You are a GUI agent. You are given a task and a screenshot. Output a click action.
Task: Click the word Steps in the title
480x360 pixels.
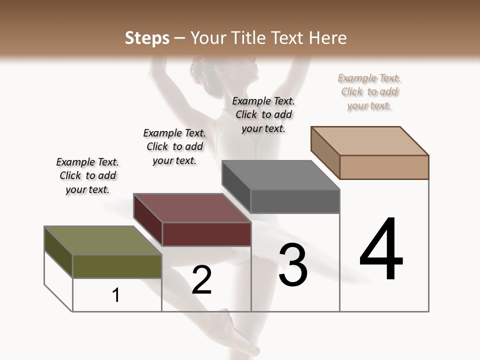point(147,38)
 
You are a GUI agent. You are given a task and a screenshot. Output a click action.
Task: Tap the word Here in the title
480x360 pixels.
point(328,38)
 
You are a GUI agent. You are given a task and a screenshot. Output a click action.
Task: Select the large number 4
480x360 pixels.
point(381,249)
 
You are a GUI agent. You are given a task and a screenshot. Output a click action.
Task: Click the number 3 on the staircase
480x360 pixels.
point(293,265)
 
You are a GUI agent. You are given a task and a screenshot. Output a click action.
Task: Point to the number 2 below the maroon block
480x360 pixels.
point(201,280)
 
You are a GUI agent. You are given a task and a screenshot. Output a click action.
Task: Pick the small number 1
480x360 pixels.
point(116,295)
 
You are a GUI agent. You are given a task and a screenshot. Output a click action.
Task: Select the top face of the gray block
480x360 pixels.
point(280,175)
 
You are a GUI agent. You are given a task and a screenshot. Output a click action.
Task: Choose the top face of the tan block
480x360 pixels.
point(369,141)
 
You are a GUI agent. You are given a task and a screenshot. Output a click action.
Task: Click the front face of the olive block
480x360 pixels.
point(117,266)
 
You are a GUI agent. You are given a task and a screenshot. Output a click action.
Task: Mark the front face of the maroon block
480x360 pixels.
point(206,234)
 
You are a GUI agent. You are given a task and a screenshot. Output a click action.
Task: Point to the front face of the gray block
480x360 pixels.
point(295,201)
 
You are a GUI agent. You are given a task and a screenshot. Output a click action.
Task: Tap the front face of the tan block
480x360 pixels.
point(384,167)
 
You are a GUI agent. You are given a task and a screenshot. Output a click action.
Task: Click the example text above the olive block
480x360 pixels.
point(87,175)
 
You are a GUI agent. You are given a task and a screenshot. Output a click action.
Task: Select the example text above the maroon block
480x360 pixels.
point(174,146)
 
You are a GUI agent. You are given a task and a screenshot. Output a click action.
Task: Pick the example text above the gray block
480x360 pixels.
point(263,114)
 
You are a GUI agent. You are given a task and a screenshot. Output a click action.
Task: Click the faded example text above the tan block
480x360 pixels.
point(369,91)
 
